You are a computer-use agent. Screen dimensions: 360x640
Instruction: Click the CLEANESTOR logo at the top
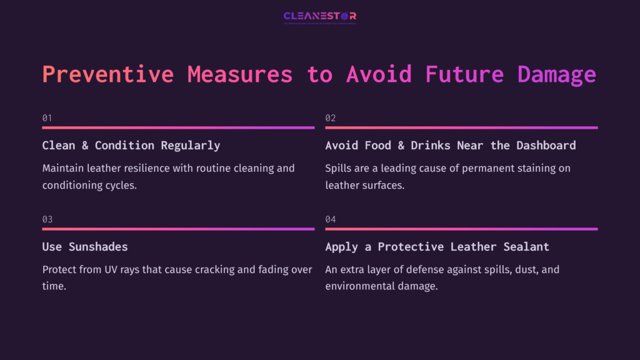click(319, 16)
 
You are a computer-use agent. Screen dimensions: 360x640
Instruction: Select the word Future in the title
click(464, 74)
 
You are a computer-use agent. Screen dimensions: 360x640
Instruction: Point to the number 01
click(47, 117)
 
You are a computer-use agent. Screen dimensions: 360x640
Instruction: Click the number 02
click(331, 117)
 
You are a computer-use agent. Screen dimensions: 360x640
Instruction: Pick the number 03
click(47, 219)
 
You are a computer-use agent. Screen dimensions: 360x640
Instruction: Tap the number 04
click(331, 219)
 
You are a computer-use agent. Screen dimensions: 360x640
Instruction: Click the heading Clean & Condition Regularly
click(131, 145)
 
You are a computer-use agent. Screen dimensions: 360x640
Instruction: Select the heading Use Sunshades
click(85, 246)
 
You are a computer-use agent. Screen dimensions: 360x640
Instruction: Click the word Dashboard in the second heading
click(546, 145)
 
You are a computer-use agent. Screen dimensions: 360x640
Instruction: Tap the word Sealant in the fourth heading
click(526, 246)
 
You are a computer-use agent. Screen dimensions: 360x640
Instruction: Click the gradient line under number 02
click(461, 127)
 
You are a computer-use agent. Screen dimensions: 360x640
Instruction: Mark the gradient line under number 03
click(178, 229)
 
